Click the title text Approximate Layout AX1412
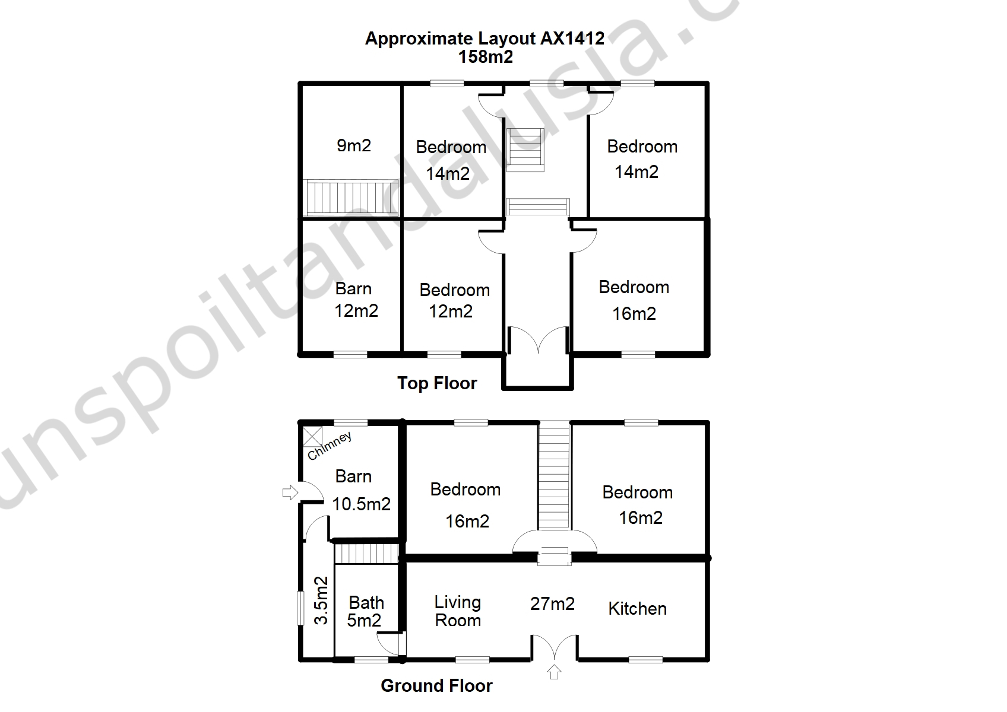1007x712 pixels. (484, 39)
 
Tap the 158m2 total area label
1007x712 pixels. (486, 57)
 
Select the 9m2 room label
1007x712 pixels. (354, 145)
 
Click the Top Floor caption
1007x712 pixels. (437, 384)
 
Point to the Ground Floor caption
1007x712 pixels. (436, 686)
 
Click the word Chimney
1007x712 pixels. (330, 446)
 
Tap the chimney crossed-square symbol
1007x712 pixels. (312, 436)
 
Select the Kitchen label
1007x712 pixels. (638, 609)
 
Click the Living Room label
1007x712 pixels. (458, 611)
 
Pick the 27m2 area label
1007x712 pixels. (553, 604)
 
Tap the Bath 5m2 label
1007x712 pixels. (365, 611)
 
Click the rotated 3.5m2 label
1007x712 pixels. (321, 600)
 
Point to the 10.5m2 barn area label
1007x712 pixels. (362, 504)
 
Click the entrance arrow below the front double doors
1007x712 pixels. (555, 672)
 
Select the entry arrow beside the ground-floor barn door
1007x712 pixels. (290, 492)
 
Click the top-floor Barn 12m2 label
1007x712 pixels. (356, 300)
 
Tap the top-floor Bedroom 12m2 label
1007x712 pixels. (454, 300)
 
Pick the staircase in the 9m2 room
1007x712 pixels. (351, 197)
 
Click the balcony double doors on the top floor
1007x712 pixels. (538, 340)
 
